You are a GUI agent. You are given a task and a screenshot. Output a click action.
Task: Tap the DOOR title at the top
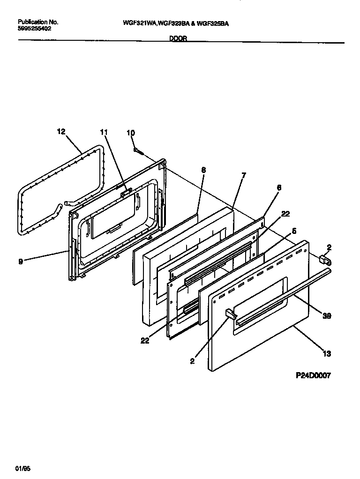(178, 39)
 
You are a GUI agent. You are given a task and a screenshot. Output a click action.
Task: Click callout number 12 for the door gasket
(61, 132)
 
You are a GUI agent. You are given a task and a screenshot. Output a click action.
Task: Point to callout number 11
(104, 133)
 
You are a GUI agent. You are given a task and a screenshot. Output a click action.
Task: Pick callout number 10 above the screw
(131, 133)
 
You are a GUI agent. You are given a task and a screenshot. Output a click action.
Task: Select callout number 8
(203, 171)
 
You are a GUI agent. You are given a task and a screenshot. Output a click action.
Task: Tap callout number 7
(243, 176)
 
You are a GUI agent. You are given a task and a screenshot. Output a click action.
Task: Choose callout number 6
(279, 187)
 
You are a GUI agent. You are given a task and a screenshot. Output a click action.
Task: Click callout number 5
(294, 231)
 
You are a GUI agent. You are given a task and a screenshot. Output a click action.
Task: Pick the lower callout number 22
(145, 341)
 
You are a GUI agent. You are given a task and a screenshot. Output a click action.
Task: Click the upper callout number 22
(285, 214)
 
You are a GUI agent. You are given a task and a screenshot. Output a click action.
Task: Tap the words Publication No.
(38, 22)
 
